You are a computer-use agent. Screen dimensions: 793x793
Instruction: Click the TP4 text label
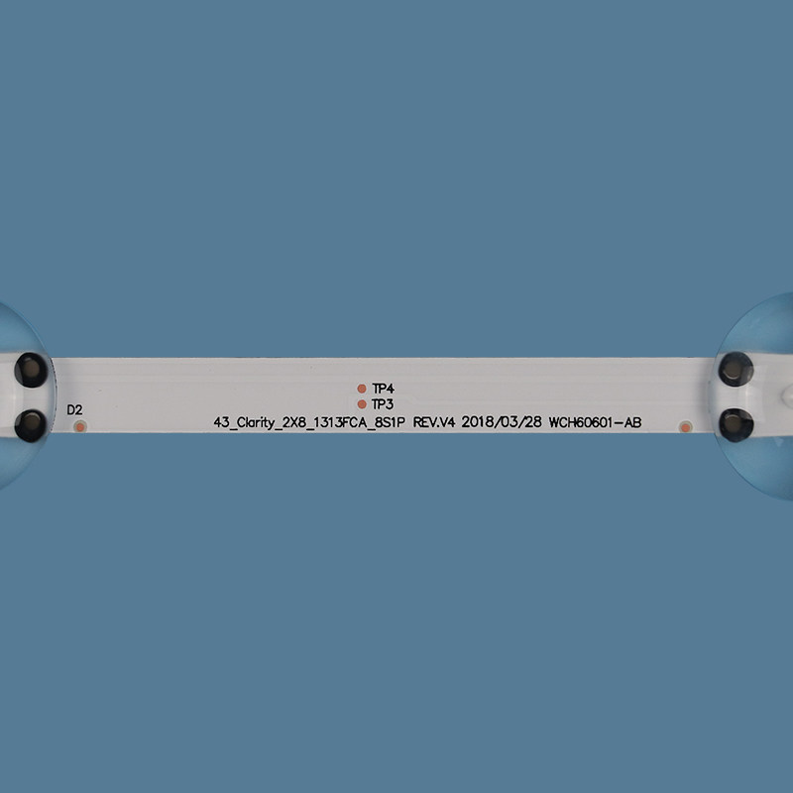(x=383, y=389)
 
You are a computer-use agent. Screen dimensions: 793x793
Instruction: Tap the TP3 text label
(x=383, y=404)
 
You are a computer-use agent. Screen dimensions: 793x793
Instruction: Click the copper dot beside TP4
(x=362, y=389)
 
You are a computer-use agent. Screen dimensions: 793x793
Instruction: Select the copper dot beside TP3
(x=362, y=404)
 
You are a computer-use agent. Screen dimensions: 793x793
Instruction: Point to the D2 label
(x=74, y=409)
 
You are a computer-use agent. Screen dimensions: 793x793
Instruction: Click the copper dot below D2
(x=80, y=427)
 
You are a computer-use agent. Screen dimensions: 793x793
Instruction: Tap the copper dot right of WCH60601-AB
(x=685, y=427)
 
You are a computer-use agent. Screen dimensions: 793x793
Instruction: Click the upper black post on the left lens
(x=31, y=370)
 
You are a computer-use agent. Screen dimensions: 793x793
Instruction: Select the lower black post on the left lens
(x=31, y=425)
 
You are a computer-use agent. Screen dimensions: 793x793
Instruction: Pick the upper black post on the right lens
(x=736, y=369)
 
